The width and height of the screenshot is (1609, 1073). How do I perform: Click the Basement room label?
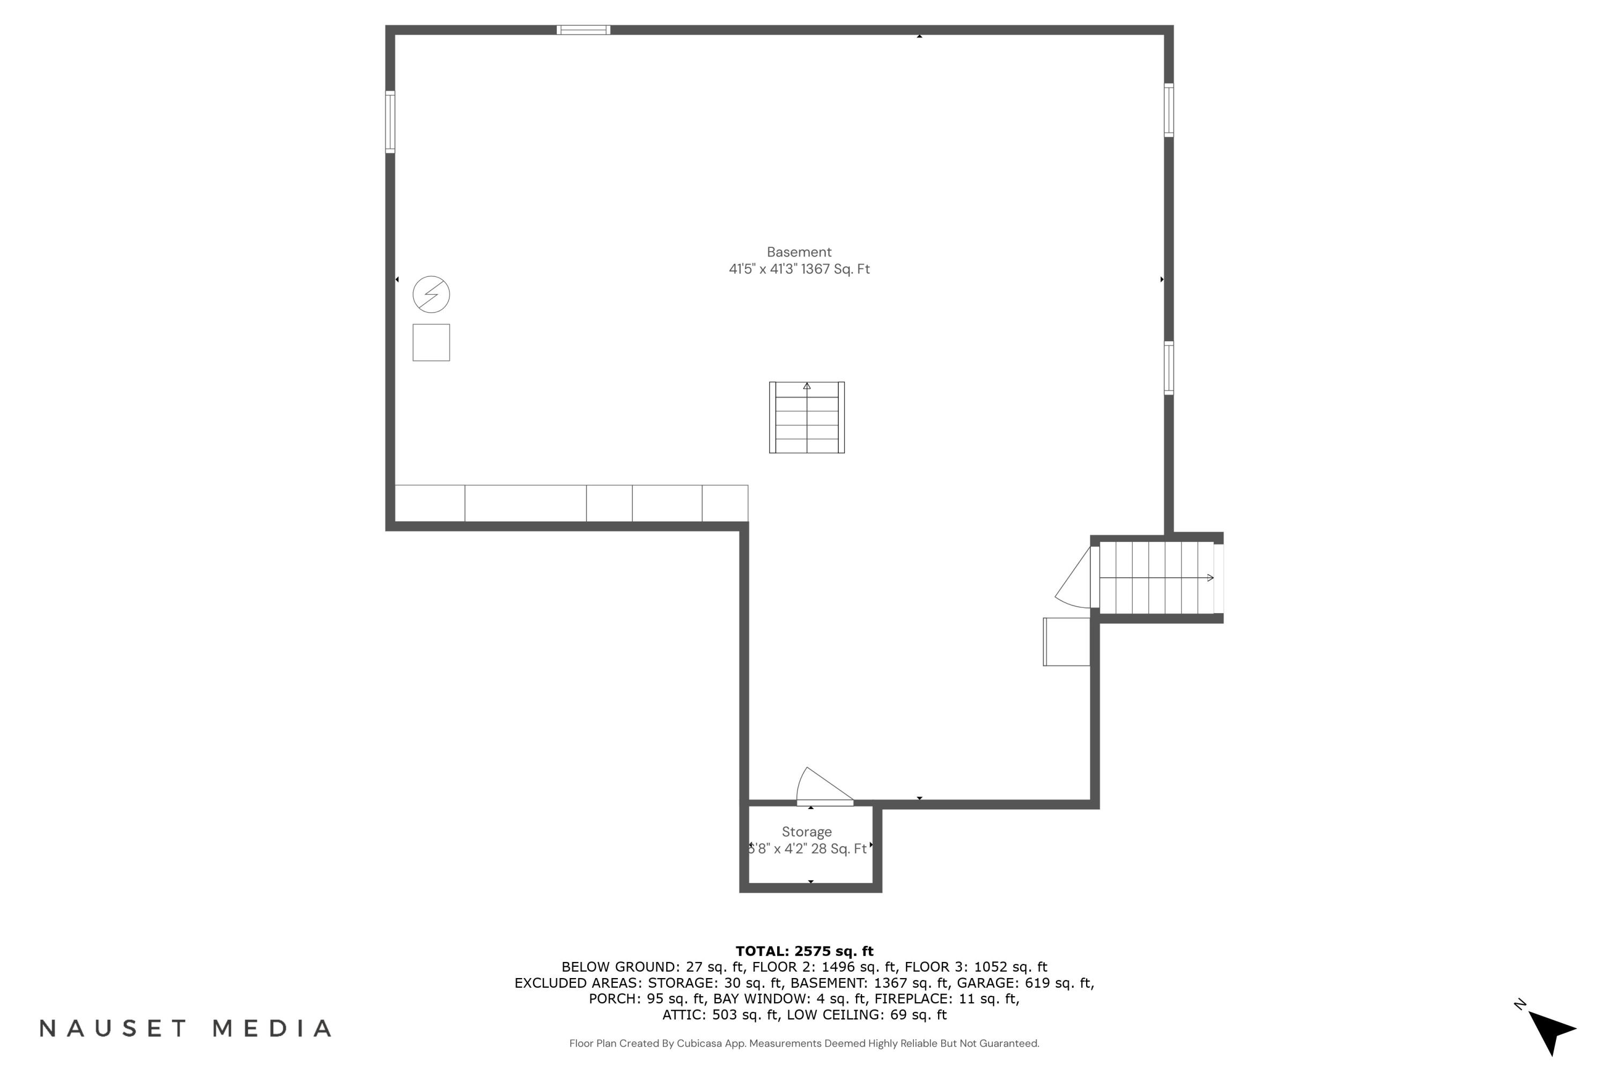click(799, 253)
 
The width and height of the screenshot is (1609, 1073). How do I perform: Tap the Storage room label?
click(807, 832)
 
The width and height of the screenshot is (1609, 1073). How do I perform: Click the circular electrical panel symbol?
click(431, 295)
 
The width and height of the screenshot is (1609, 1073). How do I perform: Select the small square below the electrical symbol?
click(431, 343)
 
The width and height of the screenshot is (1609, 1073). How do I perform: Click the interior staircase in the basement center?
click(807, 417)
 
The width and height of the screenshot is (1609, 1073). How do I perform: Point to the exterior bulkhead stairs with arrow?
click(1156, 578)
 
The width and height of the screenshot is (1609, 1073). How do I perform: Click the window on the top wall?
click(583, 30)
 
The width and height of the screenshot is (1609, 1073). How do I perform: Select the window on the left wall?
click(390, 122)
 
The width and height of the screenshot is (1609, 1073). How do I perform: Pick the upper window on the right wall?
click(1169, 110)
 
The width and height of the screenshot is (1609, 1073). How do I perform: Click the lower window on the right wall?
click(1169, 368)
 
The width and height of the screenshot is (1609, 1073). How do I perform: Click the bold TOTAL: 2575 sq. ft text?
click(804, 951)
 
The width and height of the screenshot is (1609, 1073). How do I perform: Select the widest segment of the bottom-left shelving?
click(526, 504)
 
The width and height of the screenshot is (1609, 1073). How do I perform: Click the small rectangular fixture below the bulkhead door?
click(1066, 642)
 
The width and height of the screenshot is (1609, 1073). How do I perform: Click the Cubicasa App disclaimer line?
click(804, 1043)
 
